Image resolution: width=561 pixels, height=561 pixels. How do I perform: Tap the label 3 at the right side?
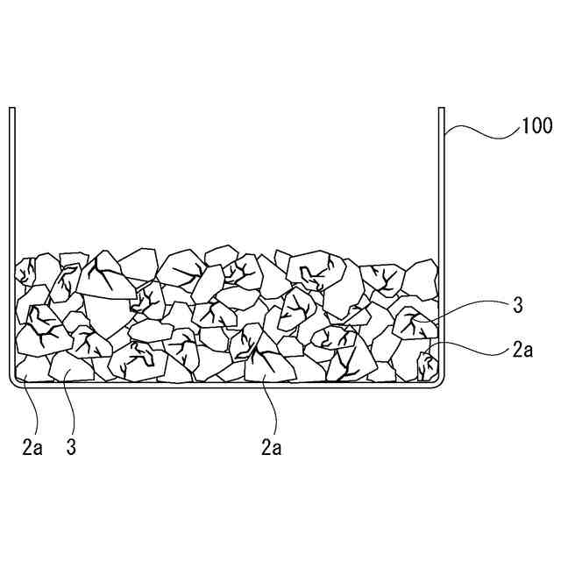tap(518, 306)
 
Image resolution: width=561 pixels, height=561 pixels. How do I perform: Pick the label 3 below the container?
tap(71, 447)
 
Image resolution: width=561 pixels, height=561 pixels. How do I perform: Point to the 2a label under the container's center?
tap(271, 447)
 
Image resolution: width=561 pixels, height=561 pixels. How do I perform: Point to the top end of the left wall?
tap(12, 109)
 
